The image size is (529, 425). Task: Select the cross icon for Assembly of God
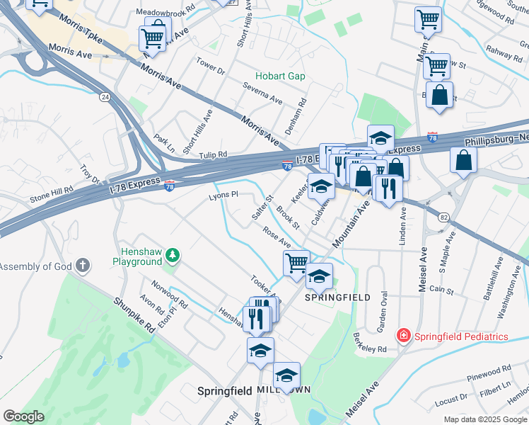click(x=83, y=266)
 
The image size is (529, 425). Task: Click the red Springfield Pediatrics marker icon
click(x=403, y=335)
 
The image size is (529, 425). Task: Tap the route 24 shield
click(x=104, y=96)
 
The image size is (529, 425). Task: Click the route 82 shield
click(x=443, y=217)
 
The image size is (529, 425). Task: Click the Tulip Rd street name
click(x=212, y=154)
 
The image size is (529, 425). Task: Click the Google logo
click(x=23, y=416)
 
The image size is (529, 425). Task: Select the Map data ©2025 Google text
click(x=484, y=419)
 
